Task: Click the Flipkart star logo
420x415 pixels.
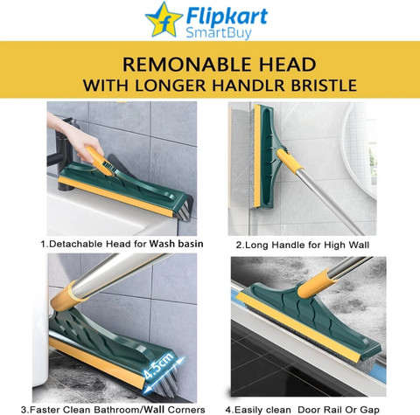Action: coord(164,20)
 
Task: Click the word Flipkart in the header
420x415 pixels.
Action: coord(227,16)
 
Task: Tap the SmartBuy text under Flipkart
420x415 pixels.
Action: coord(219,32)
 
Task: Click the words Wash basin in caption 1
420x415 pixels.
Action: coord(176,244)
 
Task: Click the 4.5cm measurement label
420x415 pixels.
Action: coord(159,366)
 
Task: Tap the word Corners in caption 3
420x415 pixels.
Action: coord(186,410)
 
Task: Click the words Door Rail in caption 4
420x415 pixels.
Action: coord(318,410)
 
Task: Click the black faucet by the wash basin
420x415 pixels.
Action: coord(63,155)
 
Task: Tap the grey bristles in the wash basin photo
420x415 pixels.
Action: coord(183,211)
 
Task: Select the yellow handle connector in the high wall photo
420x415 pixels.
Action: coord(290,160)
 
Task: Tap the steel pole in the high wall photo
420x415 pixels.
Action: coord(330,203)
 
